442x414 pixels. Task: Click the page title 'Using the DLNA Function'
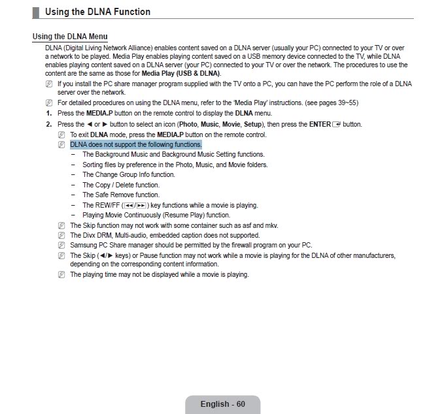click(97, 12)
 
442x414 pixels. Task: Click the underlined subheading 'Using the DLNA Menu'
click(70, 37)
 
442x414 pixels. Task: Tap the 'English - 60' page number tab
click(222, 404)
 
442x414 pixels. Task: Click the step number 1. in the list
click(48, 114)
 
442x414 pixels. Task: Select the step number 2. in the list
click(48, 124)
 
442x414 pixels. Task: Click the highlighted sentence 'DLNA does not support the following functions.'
click(136, 144)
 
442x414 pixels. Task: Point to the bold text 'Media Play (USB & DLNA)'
click(181, 73)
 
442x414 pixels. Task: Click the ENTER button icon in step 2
click(337, 124)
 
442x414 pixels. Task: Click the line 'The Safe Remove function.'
click(121, 195)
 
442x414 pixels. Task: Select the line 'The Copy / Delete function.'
click(121, 185)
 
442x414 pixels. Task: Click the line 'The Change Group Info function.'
click(129, 175)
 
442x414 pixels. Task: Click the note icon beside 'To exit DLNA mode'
click(61, 135)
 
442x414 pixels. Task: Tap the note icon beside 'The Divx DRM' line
click(61, 235)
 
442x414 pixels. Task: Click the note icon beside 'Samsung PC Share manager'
click(61, 246)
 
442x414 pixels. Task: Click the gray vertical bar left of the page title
click(35, 12)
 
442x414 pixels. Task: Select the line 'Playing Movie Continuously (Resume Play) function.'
click(156, 215)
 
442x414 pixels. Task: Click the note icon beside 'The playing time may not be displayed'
click(61, 275)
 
